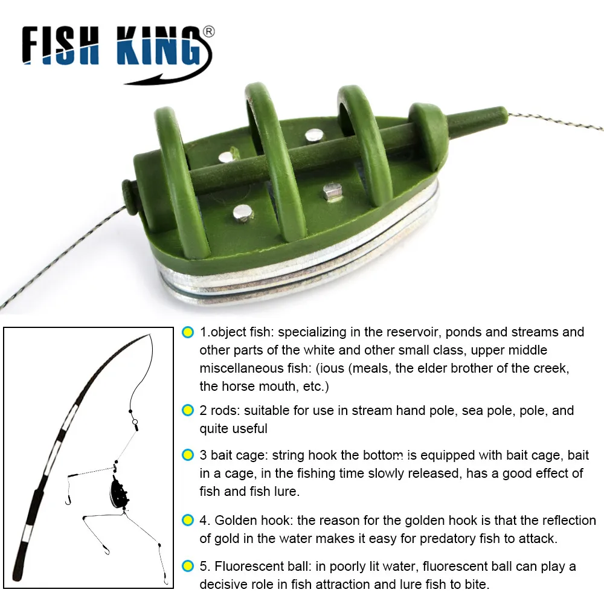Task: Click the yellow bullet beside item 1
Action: click(188, 332)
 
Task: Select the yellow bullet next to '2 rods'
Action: click(188, 411)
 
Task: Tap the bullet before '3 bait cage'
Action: click(188, 455)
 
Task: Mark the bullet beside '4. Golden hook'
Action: click(188, 520)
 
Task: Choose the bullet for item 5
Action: click(188, 567)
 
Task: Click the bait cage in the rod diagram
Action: click(118, 490)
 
